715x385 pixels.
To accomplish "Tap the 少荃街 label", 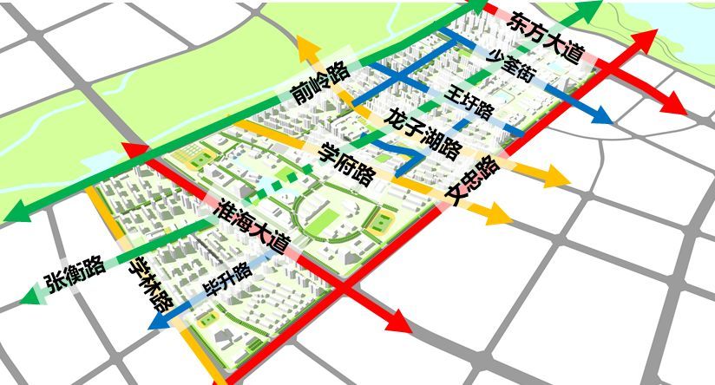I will pyautogui.click(x=508, y=64).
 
